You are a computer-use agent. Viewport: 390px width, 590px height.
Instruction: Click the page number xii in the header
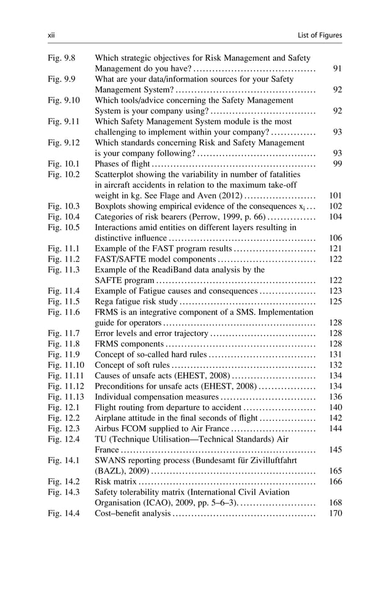[51, 35]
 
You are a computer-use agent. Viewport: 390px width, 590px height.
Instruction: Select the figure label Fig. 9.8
[61, 58]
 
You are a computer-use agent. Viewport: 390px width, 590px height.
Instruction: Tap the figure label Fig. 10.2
[64, 174]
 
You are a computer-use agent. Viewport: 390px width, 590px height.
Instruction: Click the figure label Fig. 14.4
[64, 513]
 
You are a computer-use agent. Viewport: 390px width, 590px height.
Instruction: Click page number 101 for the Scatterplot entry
[335, 195]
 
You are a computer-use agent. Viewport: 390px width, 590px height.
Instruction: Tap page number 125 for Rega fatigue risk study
[335, 301]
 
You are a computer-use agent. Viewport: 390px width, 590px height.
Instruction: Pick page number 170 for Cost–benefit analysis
[335, 513]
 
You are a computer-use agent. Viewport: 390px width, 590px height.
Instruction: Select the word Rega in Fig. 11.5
[105, 301]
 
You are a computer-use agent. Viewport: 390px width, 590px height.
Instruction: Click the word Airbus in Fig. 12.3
[108, 428]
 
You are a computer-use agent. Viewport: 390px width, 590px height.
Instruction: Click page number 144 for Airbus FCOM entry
[335, 428]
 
